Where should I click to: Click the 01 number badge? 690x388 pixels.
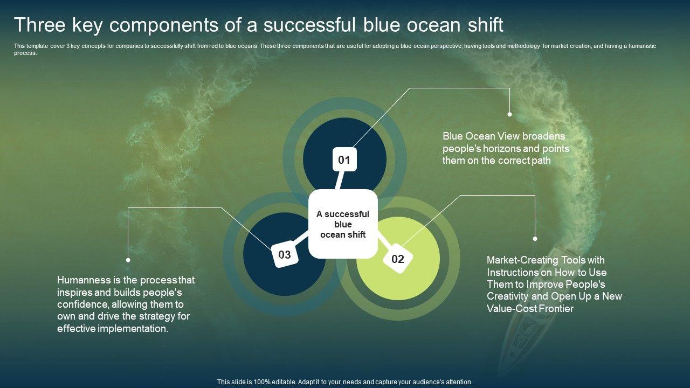[x=344, y=159]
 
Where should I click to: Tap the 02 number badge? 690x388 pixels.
[x=398, y=259]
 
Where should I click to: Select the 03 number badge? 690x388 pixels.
[x=285, y=254]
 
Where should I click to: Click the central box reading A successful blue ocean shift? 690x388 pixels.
[x=343, y=224]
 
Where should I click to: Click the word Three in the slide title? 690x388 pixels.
[x=40, y=25]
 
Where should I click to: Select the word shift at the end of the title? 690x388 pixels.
[x=486, y=25]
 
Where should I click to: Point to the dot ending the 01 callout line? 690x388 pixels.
[x=509, y=114]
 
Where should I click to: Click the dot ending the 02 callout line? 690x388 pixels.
[x=535, y=239]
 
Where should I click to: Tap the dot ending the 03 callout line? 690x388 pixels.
[x=128, y=260]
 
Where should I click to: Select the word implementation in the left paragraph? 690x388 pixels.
[x=133, y=329]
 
